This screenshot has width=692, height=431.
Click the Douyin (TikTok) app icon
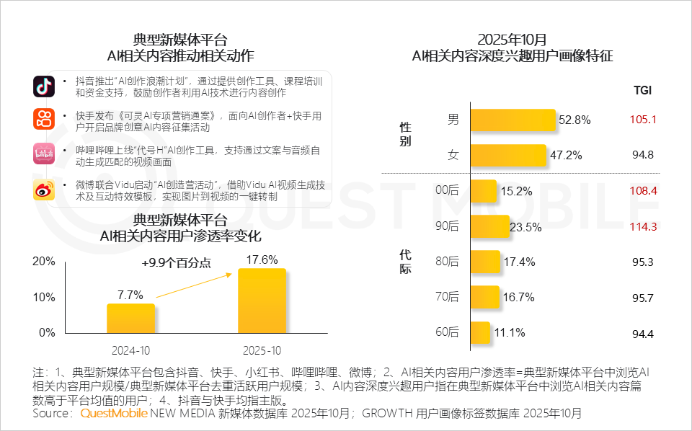click(x=44, y=86)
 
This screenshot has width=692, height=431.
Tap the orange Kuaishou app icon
click(x=44, y=119)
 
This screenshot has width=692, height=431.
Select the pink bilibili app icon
click(x=44, y=154)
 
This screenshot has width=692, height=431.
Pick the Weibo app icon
click(x=44, y=191)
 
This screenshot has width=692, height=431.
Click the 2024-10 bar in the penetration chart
click(x=130, y=318)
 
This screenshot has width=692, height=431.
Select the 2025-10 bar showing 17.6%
click(x=262, y=301)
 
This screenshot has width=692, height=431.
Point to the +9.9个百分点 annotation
click(x=177, y=263)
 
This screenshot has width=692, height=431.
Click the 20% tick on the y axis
click(x=44, y=261)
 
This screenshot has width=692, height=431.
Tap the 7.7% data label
click(x=130, y=295)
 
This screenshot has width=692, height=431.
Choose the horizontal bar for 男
click(x=513, y=120)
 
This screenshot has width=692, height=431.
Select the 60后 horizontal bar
click(x=479, y=332)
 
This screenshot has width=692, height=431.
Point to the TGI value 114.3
click(x=643, y=226)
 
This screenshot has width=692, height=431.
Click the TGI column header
click(x=642, y=90)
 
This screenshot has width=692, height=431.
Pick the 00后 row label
click(x=448, y=191)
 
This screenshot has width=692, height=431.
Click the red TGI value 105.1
click(x=643, y=120)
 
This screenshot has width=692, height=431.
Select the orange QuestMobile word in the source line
click(x=114, y=414)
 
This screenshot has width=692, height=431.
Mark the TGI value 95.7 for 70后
click(x=643, y=297)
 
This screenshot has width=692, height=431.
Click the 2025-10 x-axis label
click(x=262, y=351)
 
